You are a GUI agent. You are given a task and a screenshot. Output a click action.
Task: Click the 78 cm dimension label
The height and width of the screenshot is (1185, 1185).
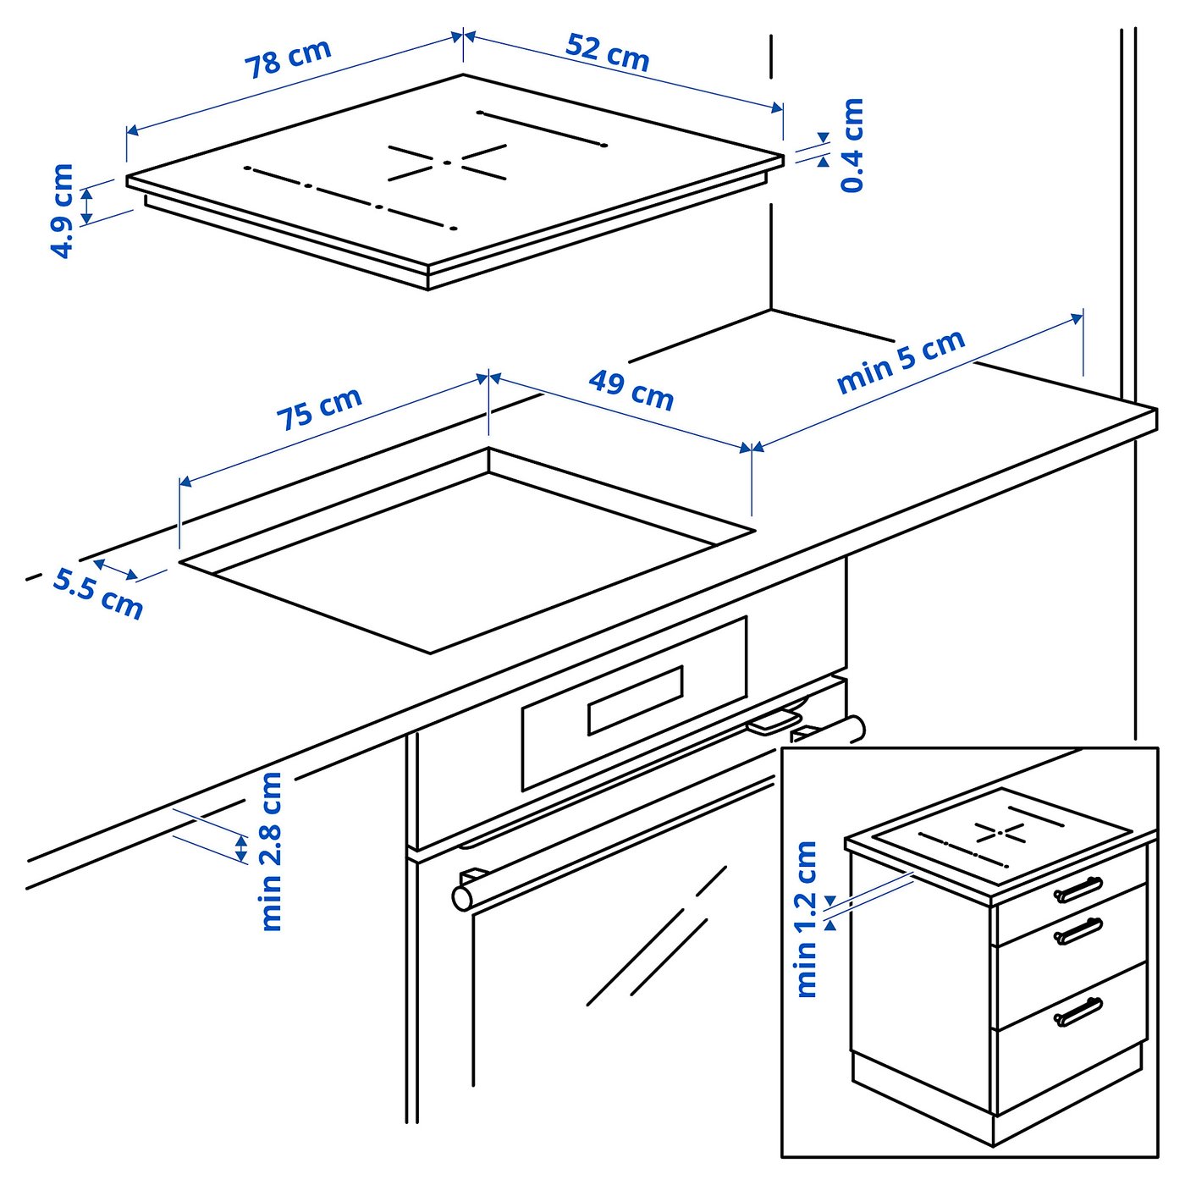(x=288, y=58)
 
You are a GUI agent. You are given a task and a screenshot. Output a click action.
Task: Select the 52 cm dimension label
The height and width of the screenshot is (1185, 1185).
(x=607, y=52)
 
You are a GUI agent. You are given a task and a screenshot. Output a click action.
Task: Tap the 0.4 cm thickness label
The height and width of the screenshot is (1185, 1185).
(x=852, y=145)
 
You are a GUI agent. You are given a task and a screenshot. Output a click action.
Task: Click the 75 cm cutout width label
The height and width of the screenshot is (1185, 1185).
(x=319, y=408)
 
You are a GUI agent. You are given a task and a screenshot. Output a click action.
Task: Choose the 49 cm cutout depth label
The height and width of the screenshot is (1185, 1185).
(x=631, y=390)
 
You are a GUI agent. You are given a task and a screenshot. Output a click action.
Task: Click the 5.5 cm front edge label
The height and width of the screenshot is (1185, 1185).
(x=98, y=593)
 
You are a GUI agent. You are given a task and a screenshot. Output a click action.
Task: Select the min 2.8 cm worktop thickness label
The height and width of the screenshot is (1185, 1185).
(x=271, y=851)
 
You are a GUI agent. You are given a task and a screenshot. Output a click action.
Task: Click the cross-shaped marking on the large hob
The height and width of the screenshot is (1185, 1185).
(x=447, y=162)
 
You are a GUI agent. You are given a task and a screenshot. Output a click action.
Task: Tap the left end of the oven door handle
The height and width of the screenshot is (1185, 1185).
(x=463, y=896)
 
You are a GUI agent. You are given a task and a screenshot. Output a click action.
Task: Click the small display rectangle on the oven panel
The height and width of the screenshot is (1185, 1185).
(x=636, y=699)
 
